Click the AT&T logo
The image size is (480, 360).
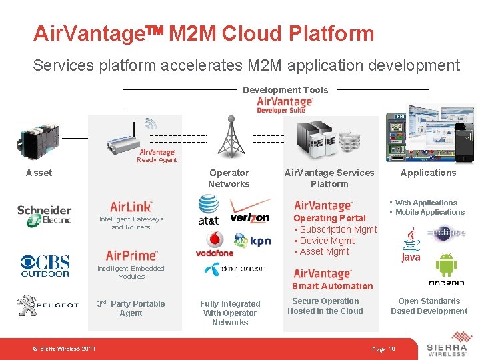209,211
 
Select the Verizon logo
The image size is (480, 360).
249,211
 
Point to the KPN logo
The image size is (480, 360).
253,241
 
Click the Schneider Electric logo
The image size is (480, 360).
44,215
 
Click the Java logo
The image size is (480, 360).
411,245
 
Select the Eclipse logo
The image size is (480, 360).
446,233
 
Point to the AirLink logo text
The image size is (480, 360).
131,207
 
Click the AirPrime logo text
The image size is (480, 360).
131,256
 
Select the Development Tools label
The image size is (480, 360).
285,90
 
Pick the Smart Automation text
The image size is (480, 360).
332,286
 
